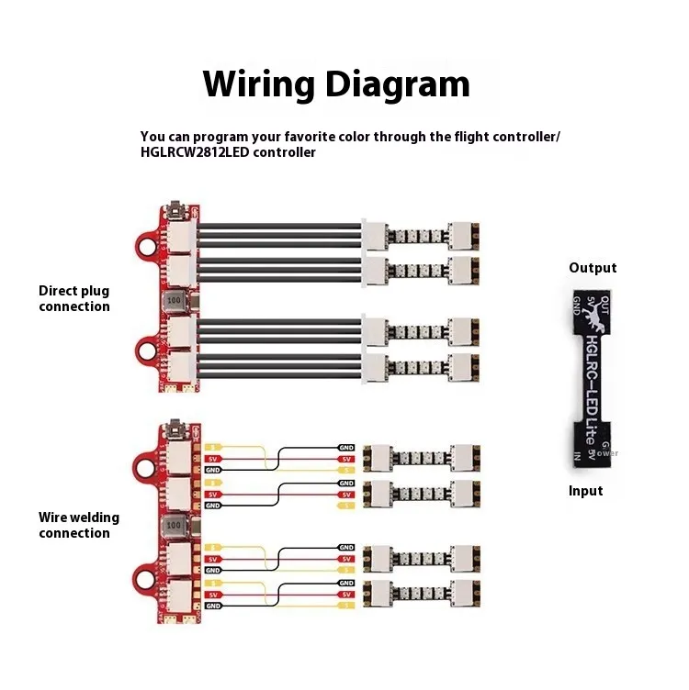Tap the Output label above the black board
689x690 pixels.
[x=593, y=268]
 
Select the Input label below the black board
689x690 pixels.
[x=586, y=491]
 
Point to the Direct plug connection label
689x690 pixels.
[x=73, y=298]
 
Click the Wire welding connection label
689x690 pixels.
[x=79, y=525]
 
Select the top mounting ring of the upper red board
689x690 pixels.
[x=147, y=244]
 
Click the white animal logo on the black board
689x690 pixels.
[x=593, y=322]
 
